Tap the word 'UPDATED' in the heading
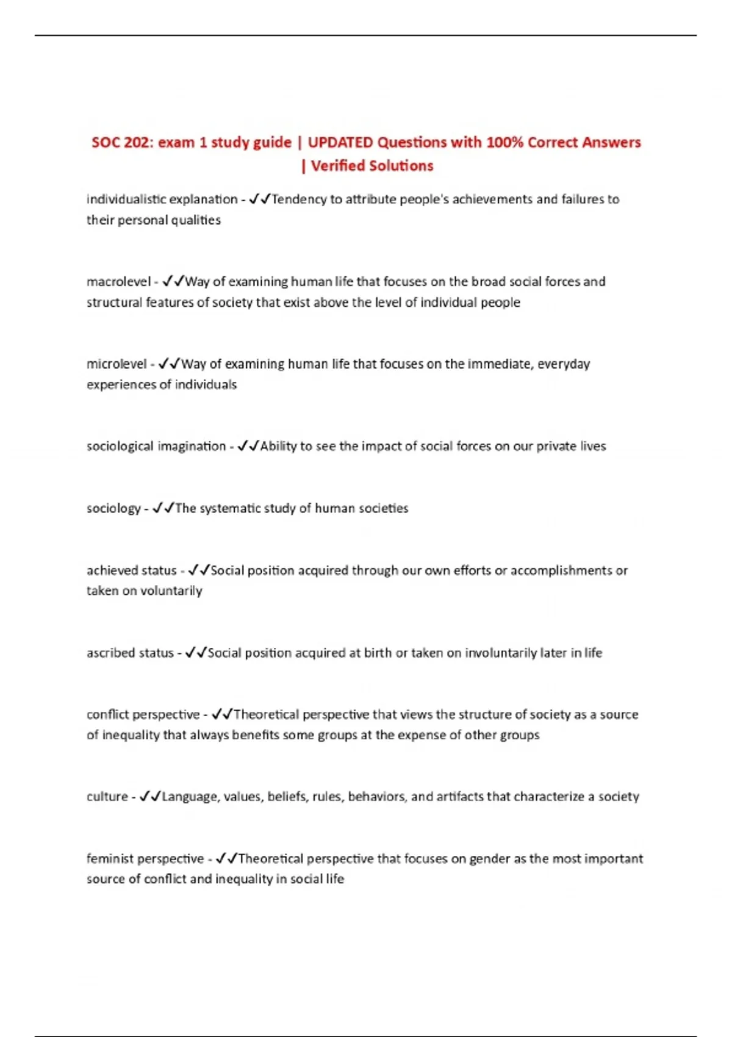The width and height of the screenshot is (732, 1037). click(x=340, y=143)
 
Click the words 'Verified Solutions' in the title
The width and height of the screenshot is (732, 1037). click(x=372, y=166)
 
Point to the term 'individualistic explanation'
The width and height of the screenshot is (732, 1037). click(x=162, y=199)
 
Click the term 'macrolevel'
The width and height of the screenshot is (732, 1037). click(x=118, y=282)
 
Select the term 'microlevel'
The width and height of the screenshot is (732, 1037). click(x=117, y=364)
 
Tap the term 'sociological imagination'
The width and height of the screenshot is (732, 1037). click(x=156, y=447)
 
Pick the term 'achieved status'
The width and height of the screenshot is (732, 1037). click(x=131, y=570)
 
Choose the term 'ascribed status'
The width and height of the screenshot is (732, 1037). click(x=130, y=653)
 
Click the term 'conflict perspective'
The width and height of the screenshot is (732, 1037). click(x=143, y=714)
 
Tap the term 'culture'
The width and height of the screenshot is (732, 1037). click(x=107, y=797)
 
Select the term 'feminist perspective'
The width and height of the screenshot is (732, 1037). click(x=145, y=859)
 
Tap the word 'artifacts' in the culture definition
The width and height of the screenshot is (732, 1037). click(x=459, y=797)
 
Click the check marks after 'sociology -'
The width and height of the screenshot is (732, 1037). click(x=163, y=508)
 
